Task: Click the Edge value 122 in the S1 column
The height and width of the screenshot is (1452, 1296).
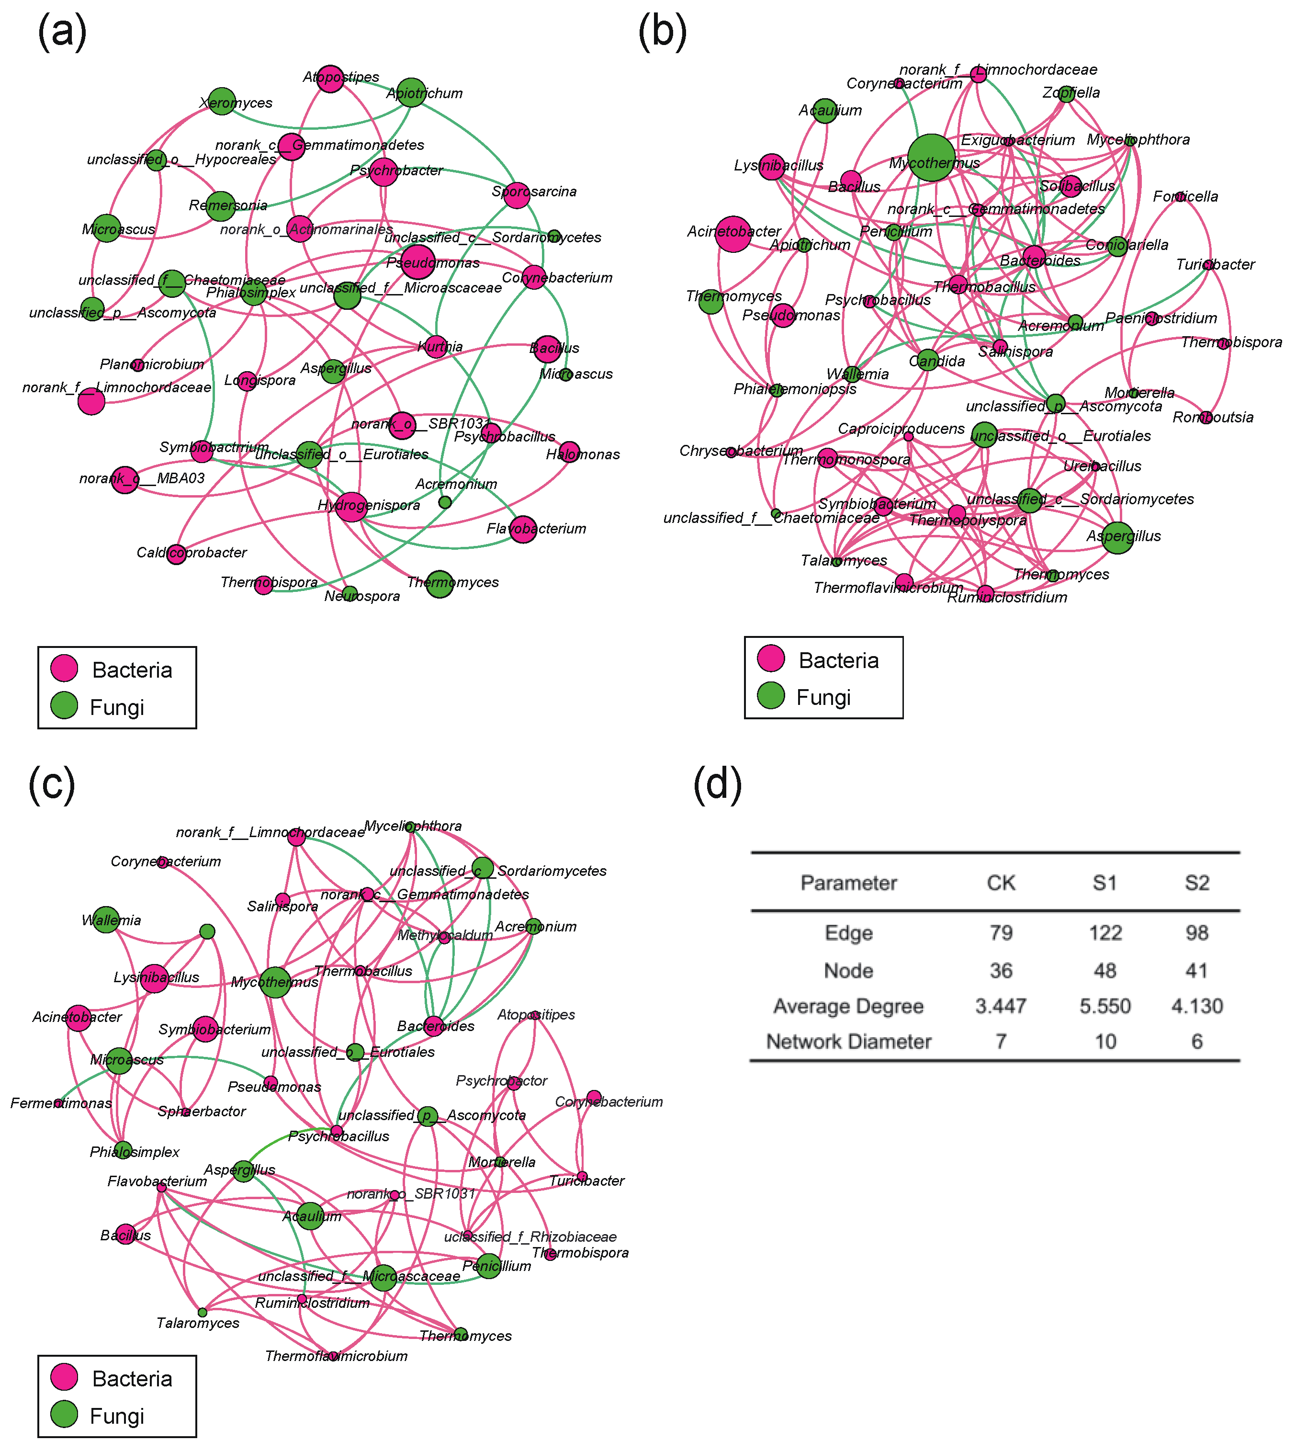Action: click(1104, 933)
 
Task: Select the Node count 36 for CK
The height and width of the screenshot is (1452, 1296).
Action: click(1001, 971)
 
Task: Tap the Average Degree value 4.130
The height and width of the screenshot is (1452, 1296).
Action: click(1196, 1006)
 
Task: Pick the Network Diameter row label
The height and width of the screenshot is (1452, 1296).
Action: click(848, 1042)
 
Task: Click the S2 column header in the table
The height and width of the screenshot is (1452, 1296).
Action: click(1196, 883)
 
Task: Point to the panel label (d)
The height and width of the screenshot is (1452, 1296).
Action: click(717, 784)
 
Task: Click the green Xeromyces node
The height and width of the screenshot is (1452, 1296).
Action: click(222, 101)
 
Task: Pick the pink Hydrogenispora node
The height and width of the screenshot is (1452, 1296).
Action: click(351, 506)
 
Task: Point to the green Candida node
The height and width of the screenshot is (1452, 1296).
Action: click(927, 360)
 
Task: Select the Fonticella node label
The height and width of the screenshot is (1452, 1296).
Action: click(1185, 196)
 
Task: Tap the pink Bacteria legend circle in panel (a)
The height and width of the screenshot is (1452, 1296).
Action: click(64, 668)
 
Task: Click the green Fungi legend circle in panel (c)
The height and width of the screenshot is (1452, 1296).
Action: click(64, 1416)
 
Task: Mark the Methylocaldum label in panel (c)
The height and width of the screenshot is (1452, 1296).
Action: click(445, 935)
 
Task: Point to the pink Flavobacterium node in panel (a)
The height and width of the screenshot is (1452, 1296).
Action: click(523, 529)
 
